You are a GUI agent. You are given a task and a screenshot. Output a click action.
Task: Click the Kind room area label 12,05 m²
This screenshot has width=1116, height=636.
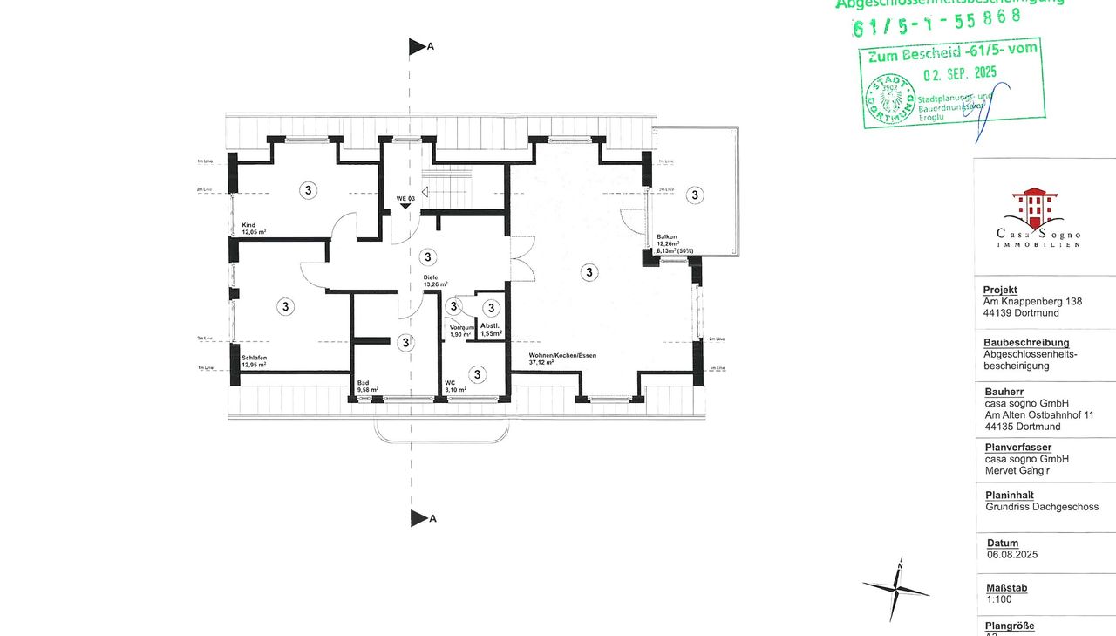pos(254,233)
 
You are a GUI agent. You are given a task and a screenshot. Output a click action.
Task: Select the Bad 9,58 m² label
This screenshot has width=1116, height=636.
pos(367,386)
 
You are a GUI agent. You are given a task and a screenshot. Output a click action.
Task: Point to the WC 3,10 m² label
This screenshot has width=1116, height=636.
pos(455,386)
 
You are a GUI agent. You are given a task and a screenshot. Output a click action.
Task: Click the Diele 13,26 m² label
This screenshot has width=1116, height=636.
pos(435,281)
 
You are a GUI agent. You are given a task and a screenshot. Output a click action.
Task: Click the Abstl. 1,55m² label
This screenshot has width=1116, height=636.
pos(491,330)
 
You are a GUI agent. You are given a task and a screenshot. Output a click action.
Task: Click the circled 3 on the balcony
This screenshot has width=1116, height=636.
pos(695,195)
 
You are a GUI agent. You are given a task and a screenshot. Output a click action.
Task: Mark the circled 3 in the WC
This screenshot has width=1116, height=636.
pos(477,374)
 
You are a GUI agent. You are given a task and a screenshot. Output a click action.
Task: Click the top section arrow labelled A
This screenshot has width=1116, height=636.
pos(418,47)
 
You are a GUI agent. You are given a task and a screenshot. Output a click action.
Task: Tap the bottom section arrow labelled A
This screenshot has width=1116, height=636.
pos(418,518)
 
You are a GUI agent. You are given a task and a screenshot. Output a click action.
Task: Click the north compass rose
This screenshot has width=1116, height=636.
pos(895,591)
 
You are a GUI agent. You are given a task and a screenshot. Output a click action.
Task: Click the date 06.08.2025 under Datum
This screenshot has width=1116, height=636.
pos(1011,555)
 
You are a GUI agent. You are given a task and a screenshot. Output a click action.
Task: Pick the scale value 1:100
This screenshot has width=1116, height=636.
pos(999,600)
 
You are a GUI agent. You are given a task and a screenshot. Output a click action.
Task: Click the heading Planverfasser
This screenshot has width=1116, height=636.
pos(1017,448)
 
